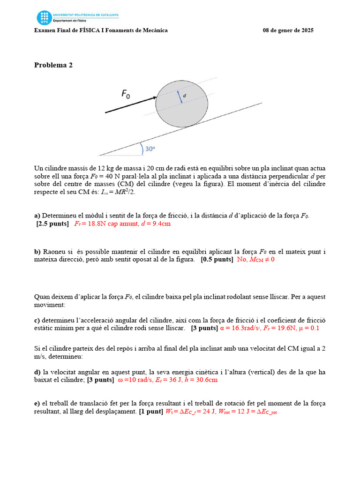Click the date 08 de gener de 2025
[x=288, y=30]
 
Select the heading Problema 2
[x=53, y=65]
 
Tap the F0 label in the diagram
[x=126, y=94]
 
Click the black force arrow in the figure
[x=131, y=105]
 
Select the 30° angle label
[x=150, y=149]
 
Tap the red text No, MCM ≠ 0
[x=255, y=259]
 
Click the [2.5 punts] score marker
[x=52, y=224]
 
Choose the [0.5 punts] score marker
[x=217, y=259]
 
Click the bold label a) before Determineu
[x=37, y=216]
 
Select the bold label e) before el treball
[x=37, y=403]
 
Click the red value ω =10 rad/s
[x=135, y=380]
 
